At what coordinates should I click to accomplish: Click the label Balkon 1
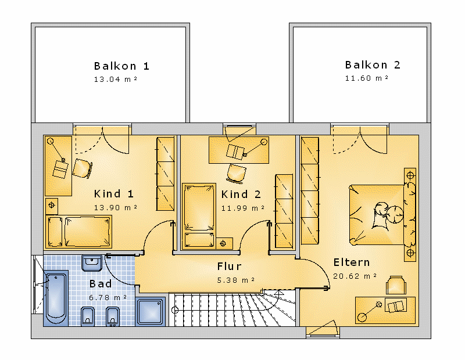(x=121, y=66)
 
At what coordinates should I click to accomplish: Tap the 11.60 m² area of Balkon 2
(x=367, y=78)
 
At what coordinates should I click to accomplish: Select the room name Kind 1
(x=113, y=194)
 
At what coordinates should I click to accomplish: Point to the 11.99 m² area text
(x=242, y=208)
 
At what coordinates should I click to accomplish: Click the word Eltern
(x=352, y=262)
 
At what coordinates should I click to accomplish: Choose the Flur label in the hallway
(x=229, y=266)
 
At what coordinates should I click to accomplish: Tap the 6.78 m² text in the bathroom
(x=108, y=297)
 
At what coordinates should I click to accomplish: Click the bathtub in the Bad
(x=56, y=298)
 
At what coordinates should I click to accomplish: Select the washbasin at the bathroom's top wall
(x=92, y=263)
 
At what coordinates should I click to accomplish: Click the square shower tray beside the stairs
(x=151, y=311)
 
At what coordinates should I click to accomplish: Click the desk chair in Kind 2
(x=237, y=174)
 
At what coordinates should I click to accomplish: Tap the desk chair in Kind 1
(x=82, y=168)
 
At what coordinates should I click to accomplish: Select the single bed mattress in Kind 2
(x=199, y=207)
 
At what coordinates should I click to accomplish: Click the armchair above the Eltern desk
(x=396, y=285)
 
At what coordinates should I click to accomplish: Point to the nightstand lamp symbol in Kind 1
(x=52, y=205)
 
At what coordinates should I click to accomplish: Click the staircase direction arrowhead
(x=278, y=293)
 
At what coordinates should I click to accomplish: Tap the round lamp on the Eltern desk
(x=362, y=318)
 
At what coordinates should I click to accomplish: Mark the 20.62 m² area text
(x=355, y=276)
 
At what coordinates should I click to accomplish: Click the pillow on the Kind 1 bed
(x=55, y=232)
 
